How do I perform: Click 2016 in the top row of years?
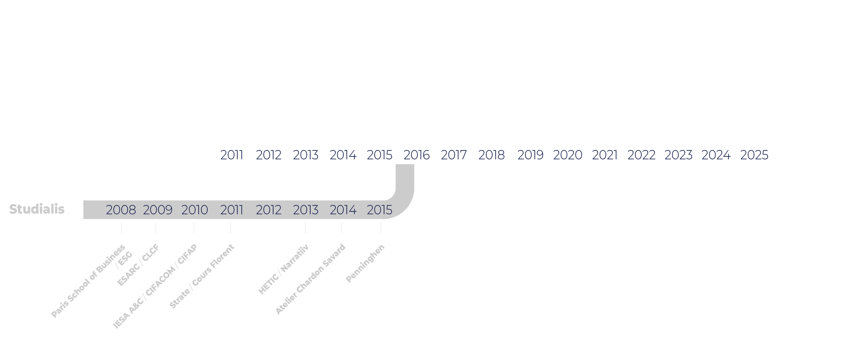pos(417,155)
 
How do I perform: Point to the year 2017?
pos(454,155)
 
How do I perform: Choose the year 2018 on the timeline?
pos(492,155)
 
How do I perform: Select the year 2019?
pos(530,155)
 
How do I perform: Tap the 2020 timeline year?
pos(567,155)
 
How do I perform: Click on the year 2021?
pos(605,155)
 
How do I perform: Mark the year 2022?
pos(641,155)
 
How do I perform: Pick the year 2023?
pos(678,155)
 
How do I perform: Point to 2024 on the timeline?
pos(716,155)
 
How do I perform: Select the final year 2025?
pos(754,155)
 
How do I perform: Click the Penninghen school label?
pos(365,263)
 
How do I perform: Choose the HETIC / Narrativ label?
pos(283,269)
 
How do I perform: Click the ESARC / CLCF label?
pos(138,265)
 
